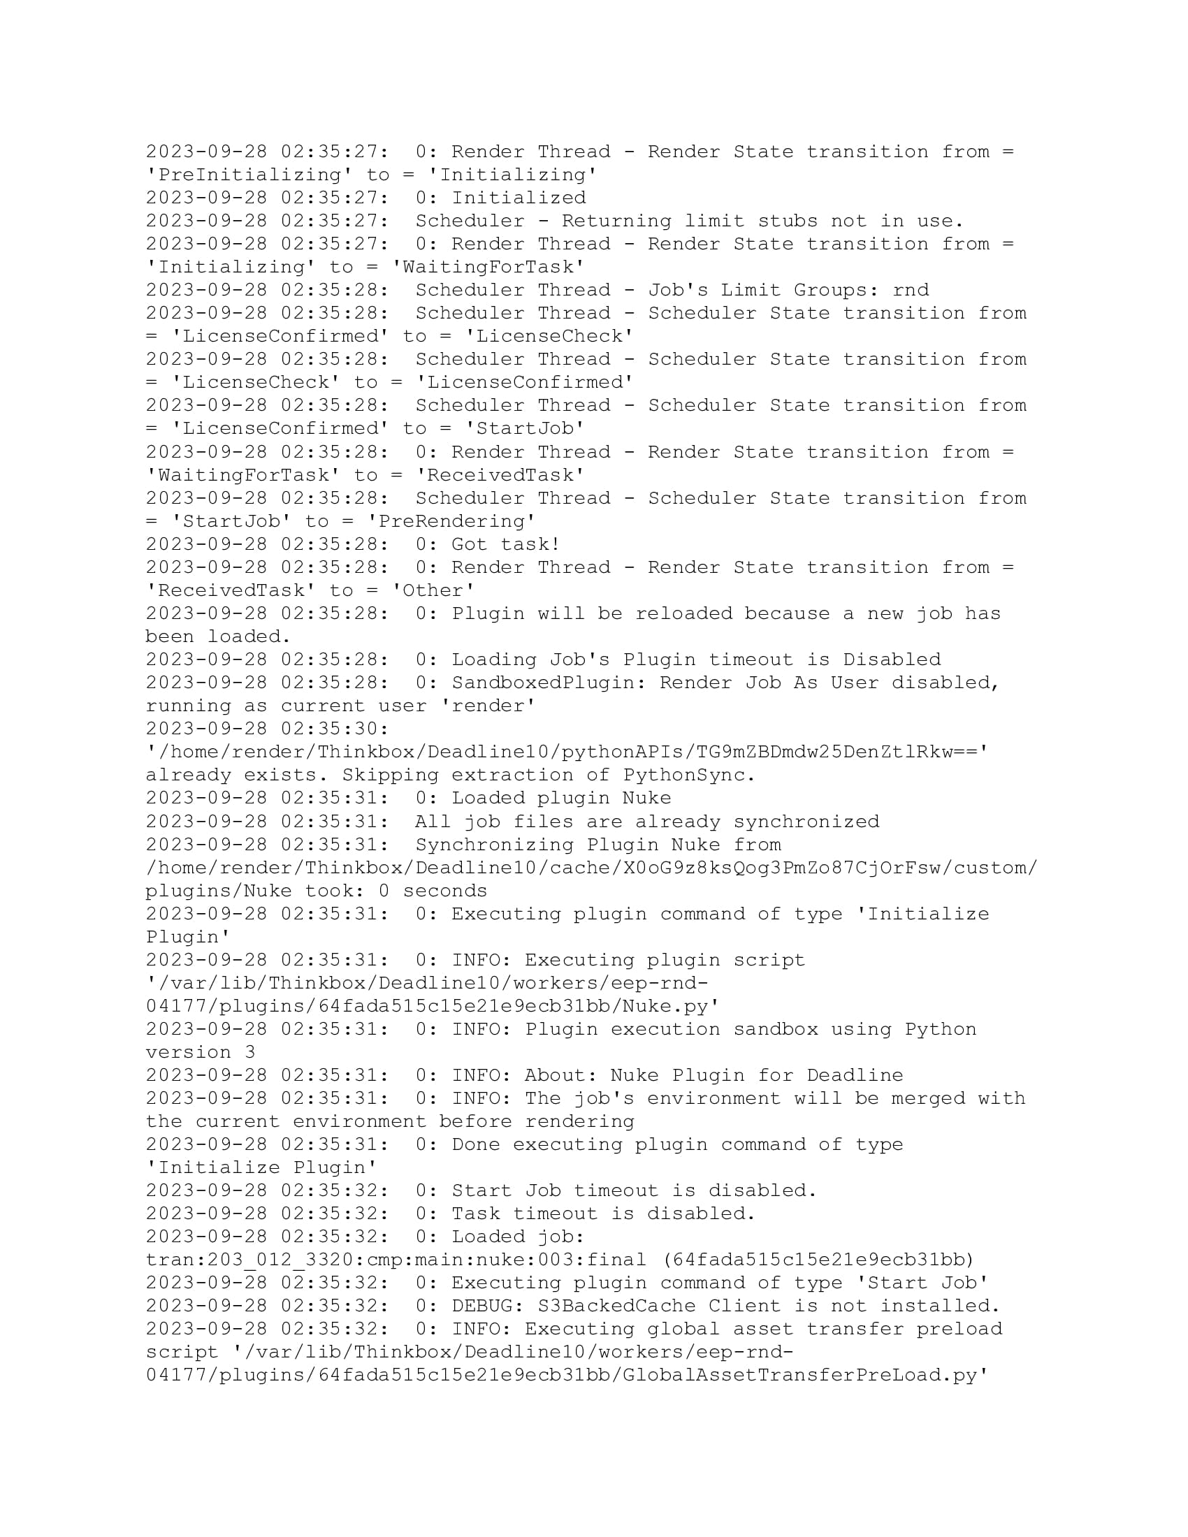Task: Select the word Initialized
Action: tap(519, 198)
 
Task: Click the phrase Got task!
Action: tap(506, 544)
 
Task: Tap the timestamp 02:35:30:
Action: tap(335, 729)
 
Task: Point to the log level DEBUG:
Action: tap(488, 1306)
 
